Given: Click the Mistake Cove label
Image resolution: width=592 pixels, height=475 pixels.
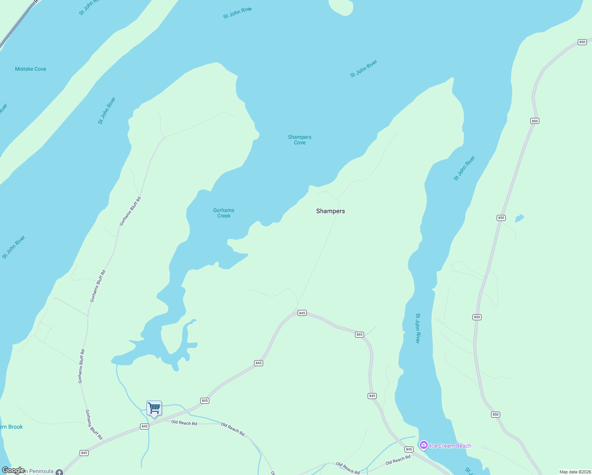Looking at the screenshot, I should [x=30, y=69].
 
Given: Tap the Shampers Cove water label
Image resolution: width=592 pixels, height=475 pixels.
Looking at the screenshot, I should [x=300, y=140].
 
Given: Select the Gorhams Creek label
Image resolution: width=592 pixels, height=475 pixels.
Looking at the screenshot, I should [x=224, y=213].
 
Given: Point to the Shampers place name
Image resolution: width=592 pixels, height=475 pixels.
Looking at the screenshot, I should [x=330, y=211].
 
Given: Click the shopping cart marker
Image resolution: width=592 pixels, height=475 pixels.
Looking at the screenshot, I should [x=154, y=408].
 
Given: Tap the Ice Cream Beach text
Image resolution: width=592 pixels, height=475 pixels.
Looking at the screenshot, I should [x=450, y=446].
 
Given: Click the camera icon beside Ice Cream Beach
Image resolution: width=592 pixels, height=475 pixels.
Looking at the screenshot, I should [x=424, y=445].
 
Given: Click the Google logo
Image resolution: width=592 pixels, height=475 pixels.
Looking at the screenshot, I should [x=13, y=470].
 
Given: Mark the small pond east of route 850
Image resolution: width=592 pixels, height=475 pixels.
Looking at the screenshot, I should [x=519, y=218].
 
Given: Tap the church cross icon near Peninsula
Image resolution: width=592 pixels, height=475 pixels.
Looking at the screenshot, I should [x=59, y=472].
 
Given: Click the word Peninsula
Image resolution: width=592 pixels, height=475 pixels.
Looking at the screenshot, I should [x=41, y=471].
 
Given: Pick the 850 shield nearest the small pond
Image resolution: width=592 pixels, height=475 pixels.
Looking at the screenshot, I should [x=501, y=218].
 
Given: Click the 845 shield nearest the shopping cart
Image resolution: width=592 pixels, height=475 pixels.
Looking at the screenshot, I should [x=144, y=426].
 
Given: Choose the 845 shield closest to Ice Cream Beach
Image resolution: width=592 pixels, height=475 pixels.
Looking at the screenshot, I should [x=409, y=449].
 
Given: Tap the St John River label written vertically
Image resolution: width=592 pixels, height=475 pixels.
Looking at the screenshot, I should [x=418, y=328].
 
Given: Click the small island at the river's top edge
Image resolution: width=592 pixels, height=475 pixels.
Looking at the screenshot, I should [x=341, y=7].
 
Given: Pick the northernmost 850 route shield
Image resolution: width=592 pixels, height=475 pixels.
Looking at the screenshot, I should [x=582, y=42].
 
